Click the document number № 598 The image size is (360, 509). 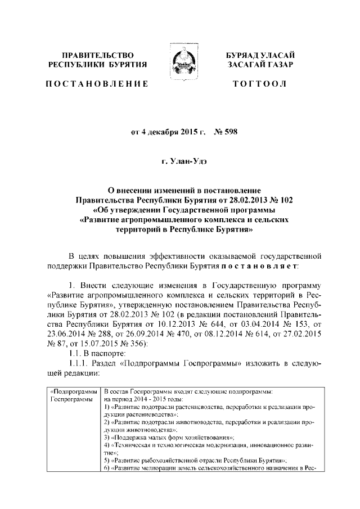point(229,133)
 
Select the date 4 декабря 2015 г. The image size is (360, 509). point(171,133)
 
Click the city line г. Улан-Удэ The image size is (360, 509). point(180,162)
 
